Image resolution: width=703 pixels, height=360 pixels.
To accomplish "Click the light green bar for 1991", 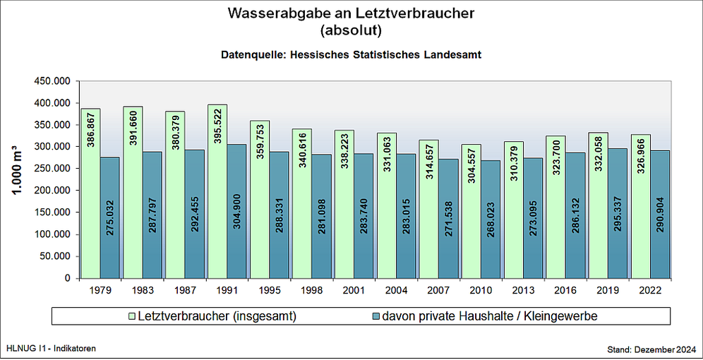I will coord(217,191).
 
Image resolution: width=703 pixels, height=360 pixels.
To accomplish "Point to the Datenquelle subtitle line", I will coord(351,54).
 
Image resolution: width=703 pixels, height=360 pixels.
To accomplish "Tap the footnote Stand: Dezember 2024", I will coord(651,349).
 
